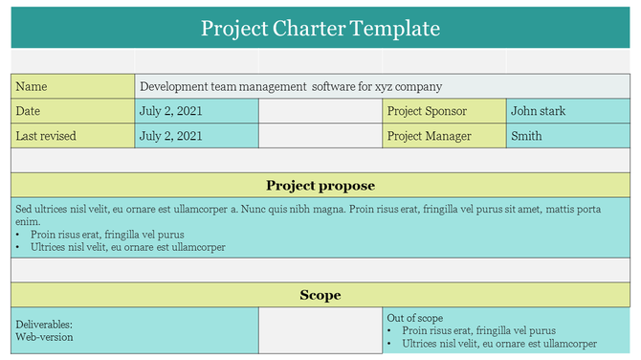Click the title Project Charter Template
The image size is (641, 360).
click(320, 29)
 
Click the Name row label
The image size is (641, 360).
click(32, 86)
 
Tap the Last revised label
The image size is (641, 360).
click(46, 136)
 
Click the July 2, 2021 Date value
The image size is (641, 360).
click(171, 111)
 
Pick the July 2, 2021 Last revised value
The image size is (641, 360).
click(171, 136)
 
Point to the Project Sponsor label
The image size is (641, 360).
click(427, 111)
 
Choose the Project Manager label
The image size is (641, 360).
click(429, 136)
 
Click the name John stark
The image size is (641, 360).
click(538, 111)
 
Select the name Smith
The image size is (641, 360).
click(526, 136)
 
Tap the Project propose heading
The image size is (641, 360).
click(320, 186)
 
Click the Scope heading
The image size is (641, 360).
click(320, 295)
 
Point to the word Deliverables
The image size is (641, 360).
click(44, 325)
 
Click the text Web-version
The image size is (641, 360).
click(44, 337)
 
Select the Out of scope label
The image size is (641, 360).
click(414, 318)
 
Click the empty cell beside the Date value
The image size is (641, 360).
click(320, 111)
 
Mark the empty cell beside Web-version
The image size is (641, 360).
click(320, 331)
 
